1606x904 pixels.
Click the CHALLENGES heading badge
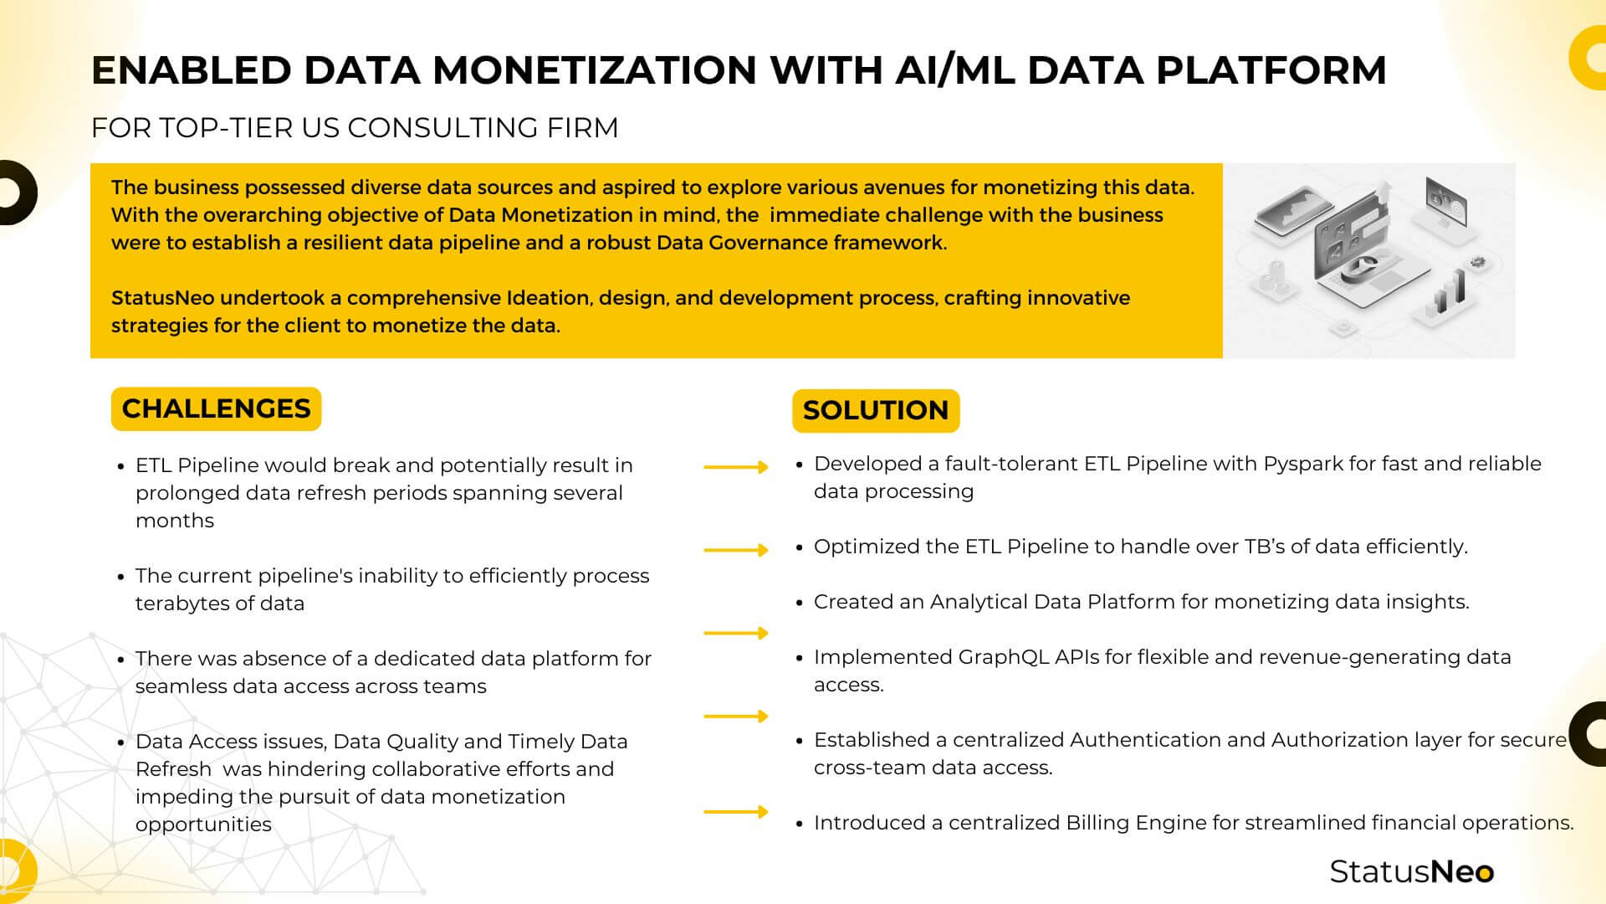(216, 408)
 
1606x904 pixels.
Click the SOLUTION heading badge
(876, 410)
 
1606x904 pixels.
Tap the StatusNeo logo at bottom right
(1411, 871)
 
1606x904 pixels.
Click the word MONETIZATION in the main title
(595, 70)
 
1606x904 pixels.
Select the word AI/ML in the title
(954, 70)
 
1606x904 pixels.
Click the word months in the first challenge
(174, 521)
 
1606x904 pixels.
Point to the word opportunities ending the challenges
(203, 824)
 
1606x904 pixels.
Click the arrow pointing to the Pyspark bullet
(735, 467)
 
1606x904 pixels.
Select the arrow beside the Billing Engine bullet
(735, 811)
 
